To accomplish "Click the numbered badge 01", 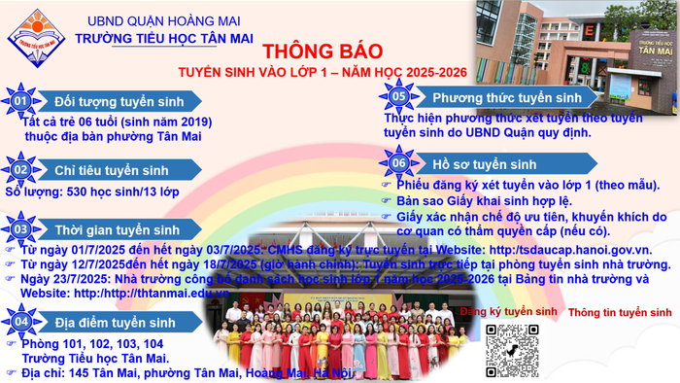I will point(19,101).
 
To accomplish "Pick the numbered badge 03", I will point(19,229).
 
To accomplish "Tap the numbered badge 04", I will point(19,321).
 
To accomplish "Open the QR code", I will point(513,345).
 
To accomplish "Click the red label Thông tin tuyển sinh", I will point(620,313).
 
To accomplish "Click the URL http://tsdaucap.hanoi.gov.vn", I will point(568,251).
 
